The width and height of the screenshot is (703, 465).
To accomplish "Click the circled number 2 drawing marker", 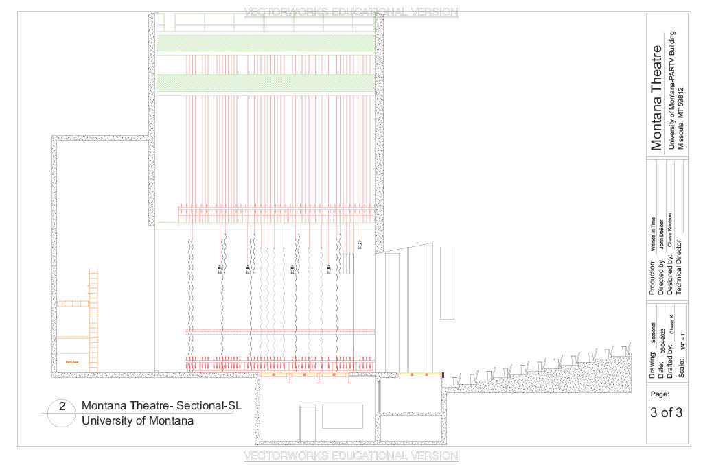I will [62, 406].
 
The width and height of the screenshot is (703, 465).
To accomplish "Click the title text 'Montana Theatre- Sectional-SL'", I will [161, 405].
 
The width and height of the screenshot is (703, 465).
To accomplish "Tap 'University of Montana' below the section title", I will [137, 420].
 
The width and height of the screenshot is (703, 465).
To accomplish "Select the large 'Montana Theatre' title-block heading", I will [658, 97].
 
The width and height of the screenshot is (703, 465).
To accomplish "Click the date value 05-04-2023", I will [662, 339].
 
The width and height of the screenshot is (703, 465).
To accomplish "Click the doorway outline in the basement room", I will [307, 423].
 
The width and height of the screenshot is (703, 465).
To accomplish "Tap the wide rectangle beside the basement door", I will [343, 416].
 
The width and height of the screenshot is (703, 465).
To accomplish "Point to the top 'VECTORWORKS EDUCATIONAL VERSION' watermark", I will [351, 12].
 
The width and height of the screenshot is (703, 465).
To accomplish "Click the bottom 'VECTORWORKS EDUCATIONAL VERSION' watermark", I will [351, 455].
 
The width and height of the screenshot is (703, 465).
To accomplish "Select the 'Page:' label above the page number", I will [659, 394].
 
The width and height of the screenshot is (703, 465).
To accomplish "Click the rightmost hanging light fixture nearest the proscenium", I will [360, 243].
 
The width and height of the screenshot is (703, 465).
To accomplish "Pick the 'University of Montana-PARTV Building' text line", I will [672, 90].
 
